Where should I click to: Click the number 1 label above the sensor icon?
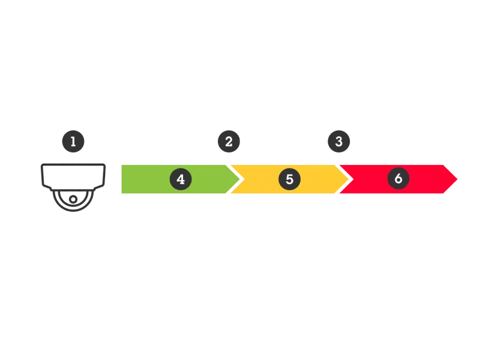coord(73,142)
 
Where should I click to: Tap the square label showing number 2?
coord(228,142)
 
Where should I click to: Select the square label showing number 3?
coord(339,142)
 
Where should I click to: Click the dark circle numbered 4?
coord(181,179)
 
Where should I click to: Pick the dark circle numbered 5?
coord(289,179)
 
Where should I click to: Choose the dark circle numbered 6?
coord(398,179)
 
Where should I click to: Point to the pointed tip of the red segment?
coord(458,179)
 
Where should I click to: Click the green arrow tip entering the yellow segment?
coord(239,179)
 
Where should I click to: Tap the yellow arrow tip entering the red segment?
coord(348,179)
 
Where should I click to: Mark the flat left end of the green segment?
coord(122,179)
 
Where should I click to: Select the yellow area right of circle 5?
coord(318,179)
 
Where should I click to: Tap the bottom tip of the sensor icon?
coord(74,213)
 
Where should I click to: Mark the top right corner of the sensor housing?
coord(109,166)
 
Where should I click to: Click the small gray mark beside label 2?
coord(242,142)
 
